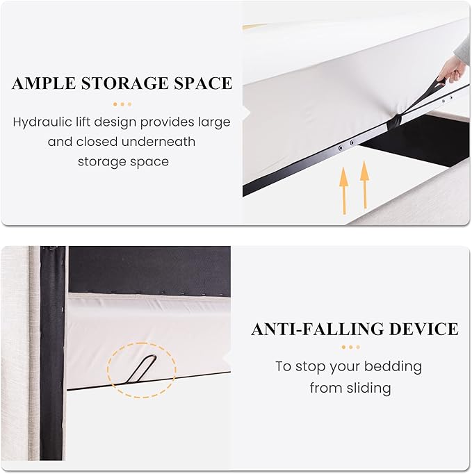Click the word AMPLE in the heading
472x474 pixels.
(x=44, y=83)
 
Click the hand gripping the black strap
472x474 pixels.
(x=449, y=74)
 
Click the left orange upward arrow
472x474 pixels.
(x=343, y=190)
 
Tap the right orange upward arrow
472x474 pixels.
(x=365, y=185)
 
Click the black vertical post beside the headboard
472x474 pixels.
(x=52, y=353)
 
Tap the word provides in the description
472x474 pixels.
(x=167, y=123)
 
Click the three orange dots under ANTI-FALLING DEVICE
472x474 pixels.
(x=351, y=348)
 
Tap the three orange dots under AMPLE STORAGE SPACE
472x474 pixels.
(x=122, y=104)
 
